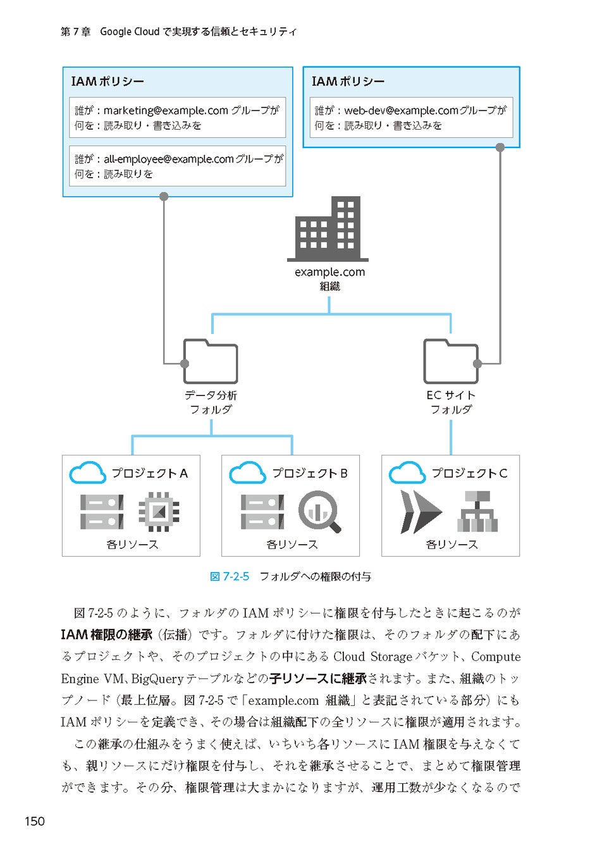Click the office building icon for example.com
(x=328, y=228)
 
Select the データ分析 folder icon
(x=211, y=362)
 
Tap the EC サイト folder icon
(x=450, y=362)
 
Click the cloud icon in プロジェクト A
(x=87, y=473)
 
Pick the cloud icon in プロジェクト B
(x=247, y=473)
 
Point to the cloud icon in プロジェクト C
(x=407, y=473)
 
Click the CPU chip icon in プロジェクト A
(x=158, y=511)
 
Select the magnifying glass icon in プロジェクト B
(x=319, y=511)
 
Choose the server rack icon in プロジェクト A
(x=102, y=511)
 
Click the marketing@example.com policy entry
(x=177, y=118)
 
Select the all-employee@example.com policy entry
(x=177, y=166)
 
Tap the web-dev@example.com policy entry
(x=411, y=118)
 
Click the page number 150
(x=35, y=821)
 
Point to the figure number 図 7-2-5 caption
(x=230, y=576)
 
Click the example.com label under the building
(x=329, y=272)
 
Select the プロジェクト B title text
(x=310, y=473)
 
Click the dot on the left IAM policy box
(x=164, y=196)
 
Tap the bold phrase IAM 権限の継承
(x=106, y=634)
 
